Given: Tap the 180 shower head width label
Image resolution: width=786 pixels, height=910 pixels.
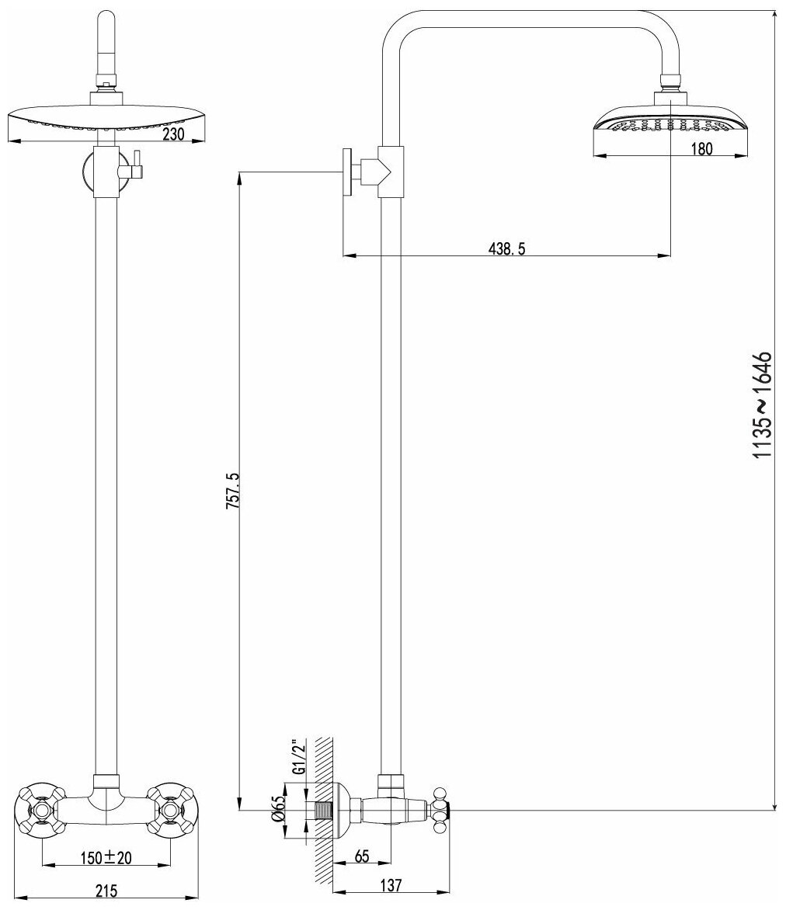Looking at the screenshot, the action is [x=701, y=150].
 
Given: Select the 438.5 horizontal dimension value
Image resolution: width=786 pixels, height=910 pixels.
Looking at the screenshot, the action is [x=507, y=248].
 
